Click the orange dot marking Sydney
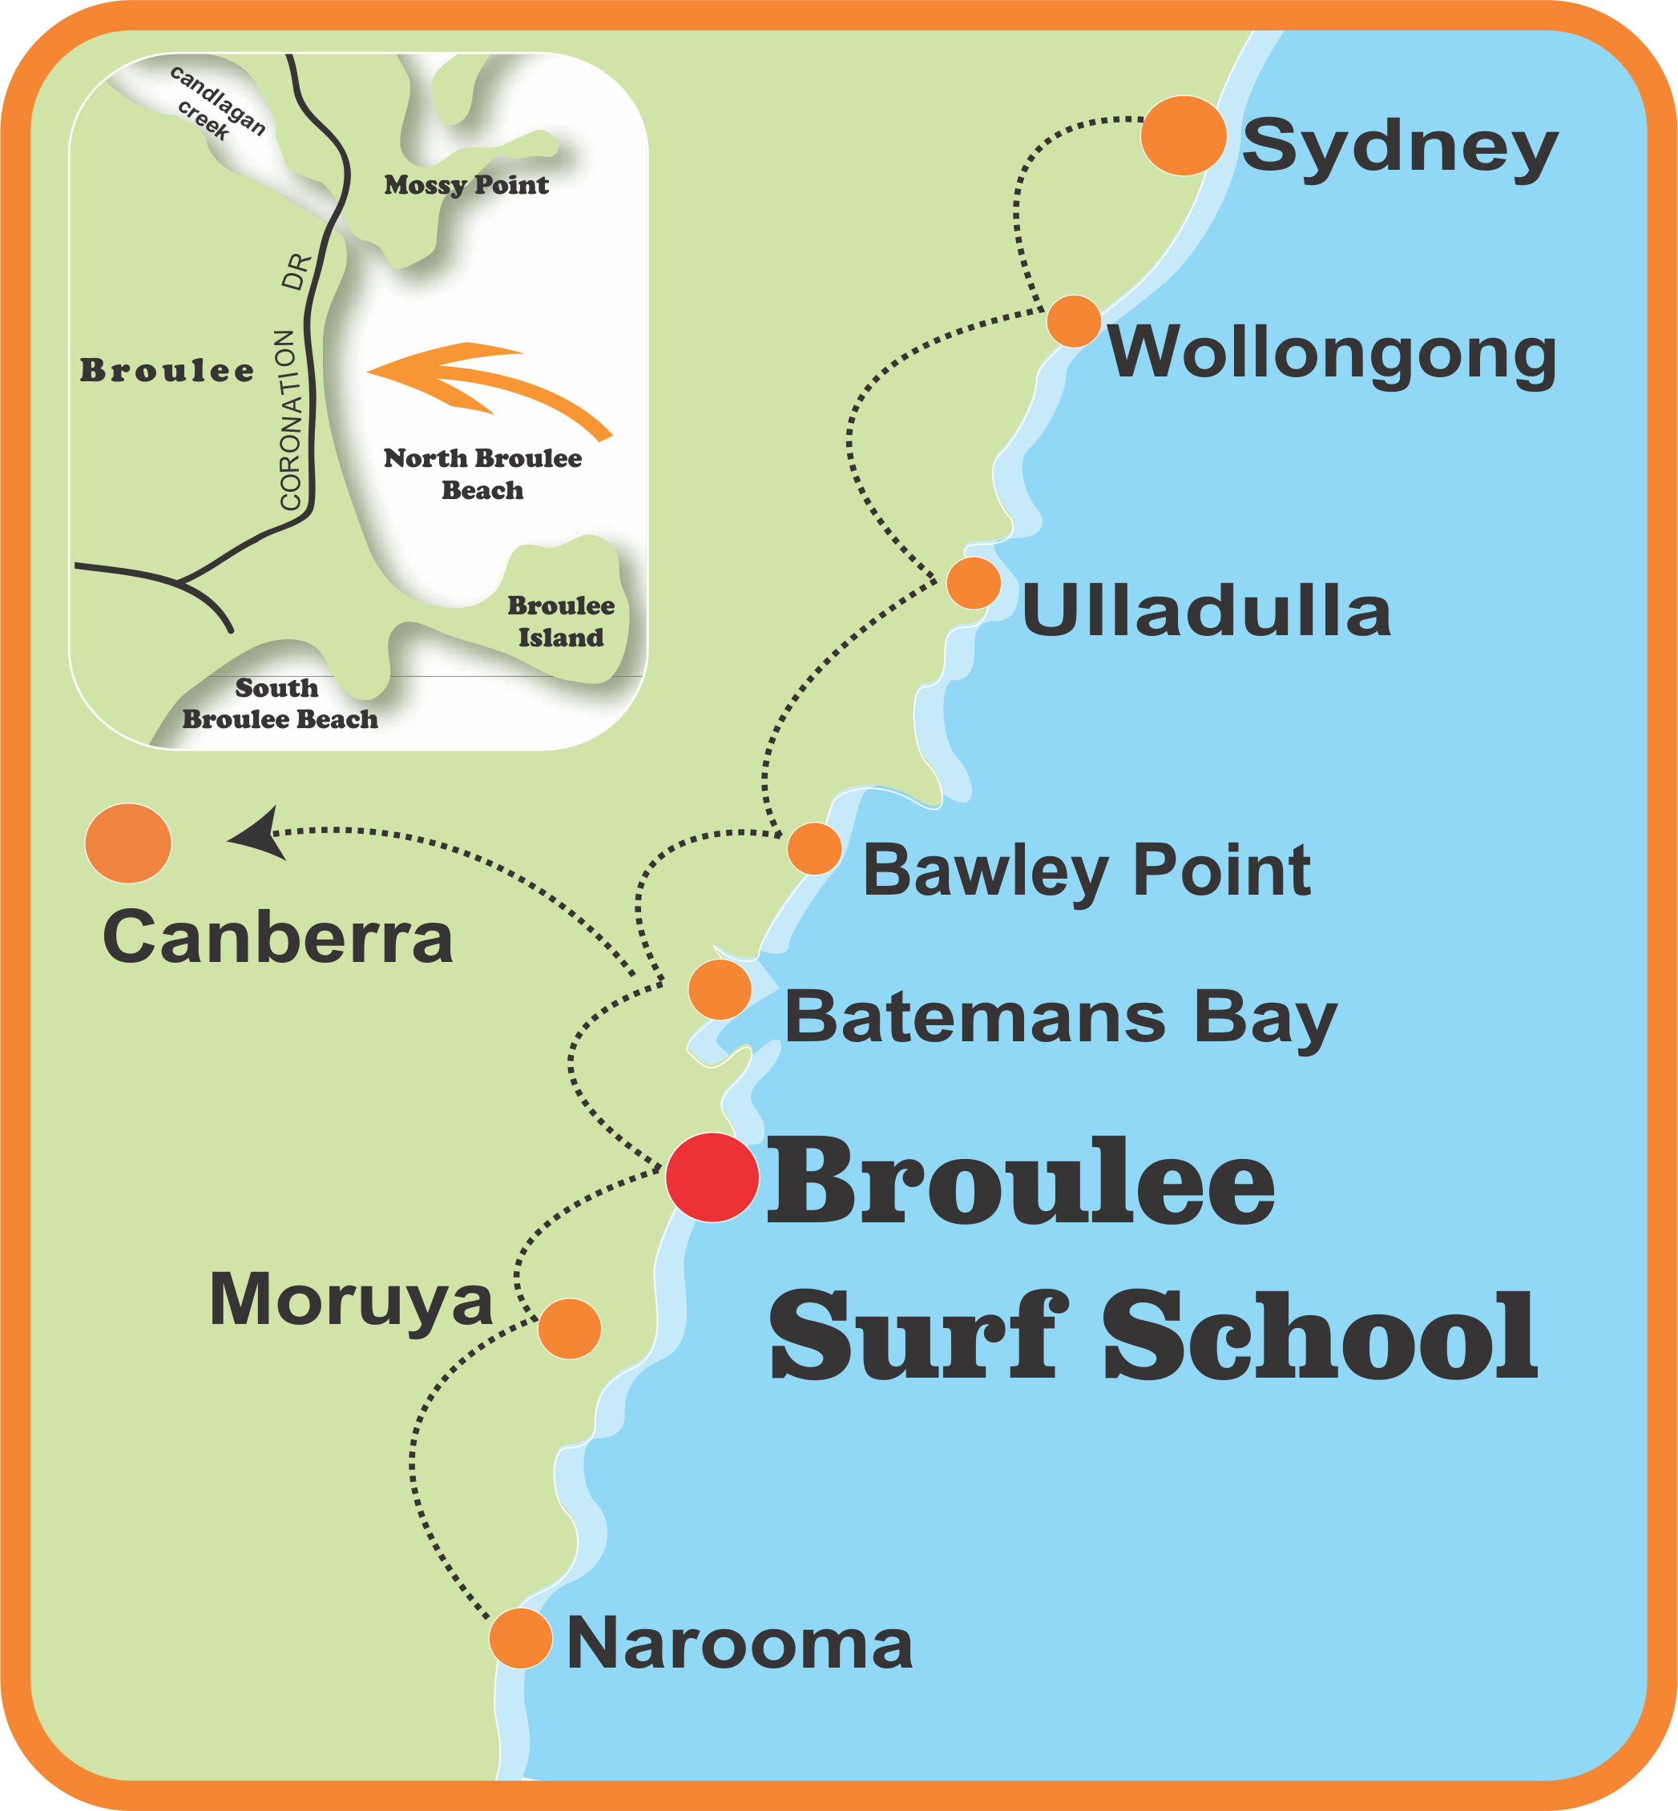tap(1183, 135)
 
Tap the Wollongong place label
tap(1332, 353)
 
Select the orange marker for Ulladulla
tap(974, 583)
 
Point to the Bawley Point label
tap(1086, 871)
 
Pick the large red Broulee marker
tap(712, 1177)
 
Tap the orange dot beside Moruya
tap(569, 1328)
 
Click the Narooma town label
tap(739, 1644)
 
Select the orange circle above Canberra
tap(128, 843)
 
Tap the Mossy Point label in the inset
tap(466, 185)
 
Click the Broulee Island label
tap(560, 621)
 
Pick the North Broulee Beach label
tap(482, 473)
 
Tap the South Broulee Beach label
tap(280, 703)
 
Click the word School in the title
tap(1321, 1336)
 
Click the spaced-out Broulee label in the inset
tap(167, 370)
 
